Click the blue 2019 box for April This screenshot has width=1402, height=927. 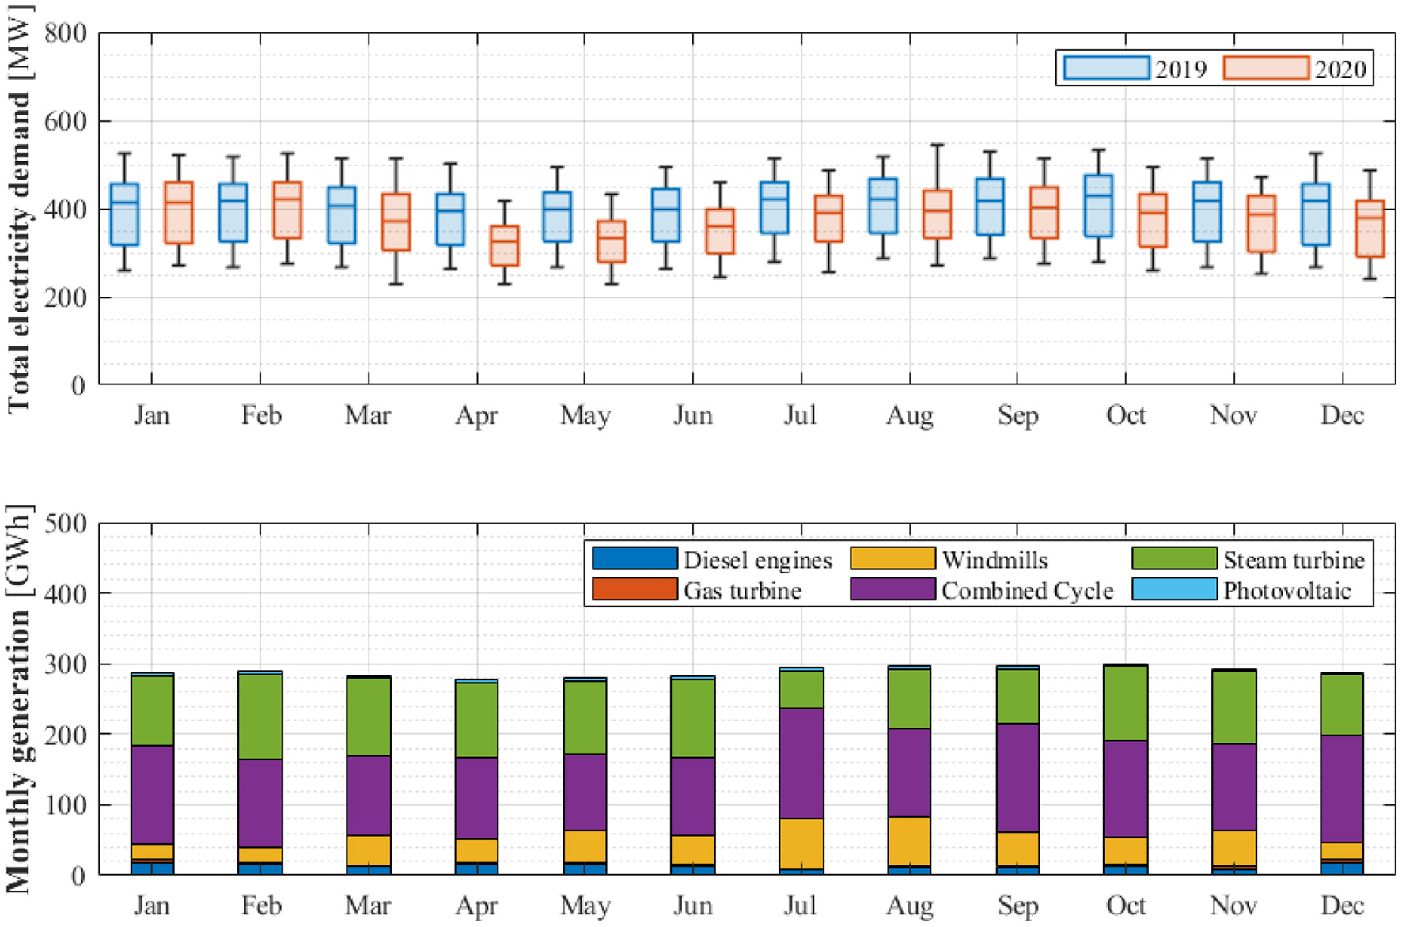point(450,219)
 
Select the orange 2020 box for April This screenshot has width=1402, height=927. point(504,245)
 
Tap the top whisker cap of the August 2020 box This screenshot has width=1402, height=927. point(937,145)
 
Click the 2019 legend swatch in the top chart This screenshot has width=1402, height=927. point(1106,67)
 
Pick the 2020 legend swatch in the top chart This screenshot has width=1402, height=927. point(1265,67)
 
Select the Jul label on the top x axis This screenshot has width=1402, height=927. point(800,415)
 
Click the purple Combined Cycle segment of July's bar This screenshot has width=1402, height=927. point(801,763)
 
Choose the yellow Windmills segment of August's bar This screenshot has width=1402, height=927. point(909,841)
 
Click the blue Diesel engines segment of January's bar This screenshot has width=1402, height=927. point(152,868)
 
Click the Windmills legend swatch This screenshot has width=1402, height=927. point(892,559)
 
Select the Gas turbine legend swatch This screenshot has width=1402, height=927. point(635,589)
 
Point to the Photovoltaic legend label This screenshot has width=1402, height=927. point(1286,590)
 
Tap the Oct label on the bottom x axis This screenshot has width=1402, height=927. point(1125,905)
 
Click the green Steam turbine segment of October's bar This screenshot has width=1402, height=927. point(1125,702)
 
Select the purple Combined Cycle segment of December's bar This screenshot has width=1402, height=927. point(1342,789)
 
